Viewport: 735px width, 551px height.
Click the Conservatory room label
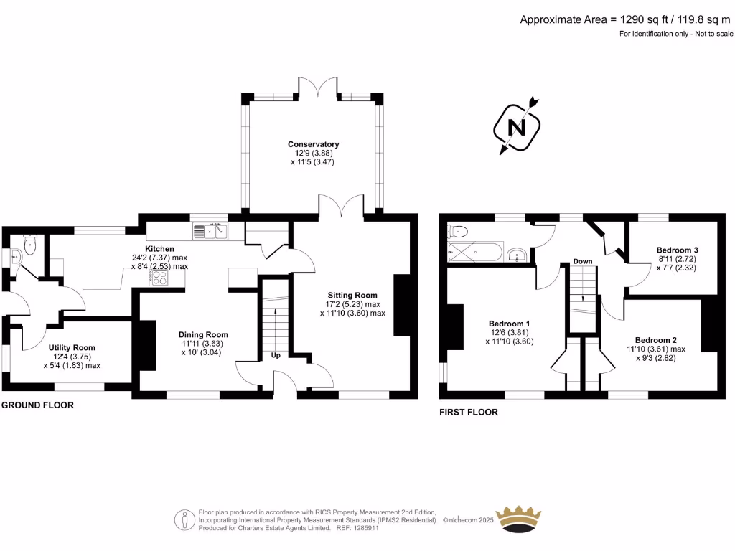[313, 144]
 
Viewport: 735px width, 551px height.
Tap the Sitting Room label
[352, 295]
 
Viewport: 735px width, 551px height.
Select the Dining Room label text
[203, 334]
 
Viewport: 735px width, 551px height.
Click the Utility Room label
[72, 347]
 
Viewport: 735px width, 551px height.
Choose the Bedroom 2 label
[656, 339]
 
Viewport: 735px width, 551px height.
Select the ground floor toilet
[29, 248]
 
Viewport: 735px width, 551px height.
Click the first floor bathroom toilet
[457, 231]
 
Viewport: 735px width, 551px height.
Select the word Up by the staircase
[276, 355]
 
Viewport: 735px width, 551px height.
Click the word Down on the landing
[583, 261]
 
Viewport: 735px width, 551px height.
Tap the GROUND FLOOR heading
[37, 405]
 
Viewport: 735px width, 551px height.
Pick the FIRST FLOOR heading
[469, 413]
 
